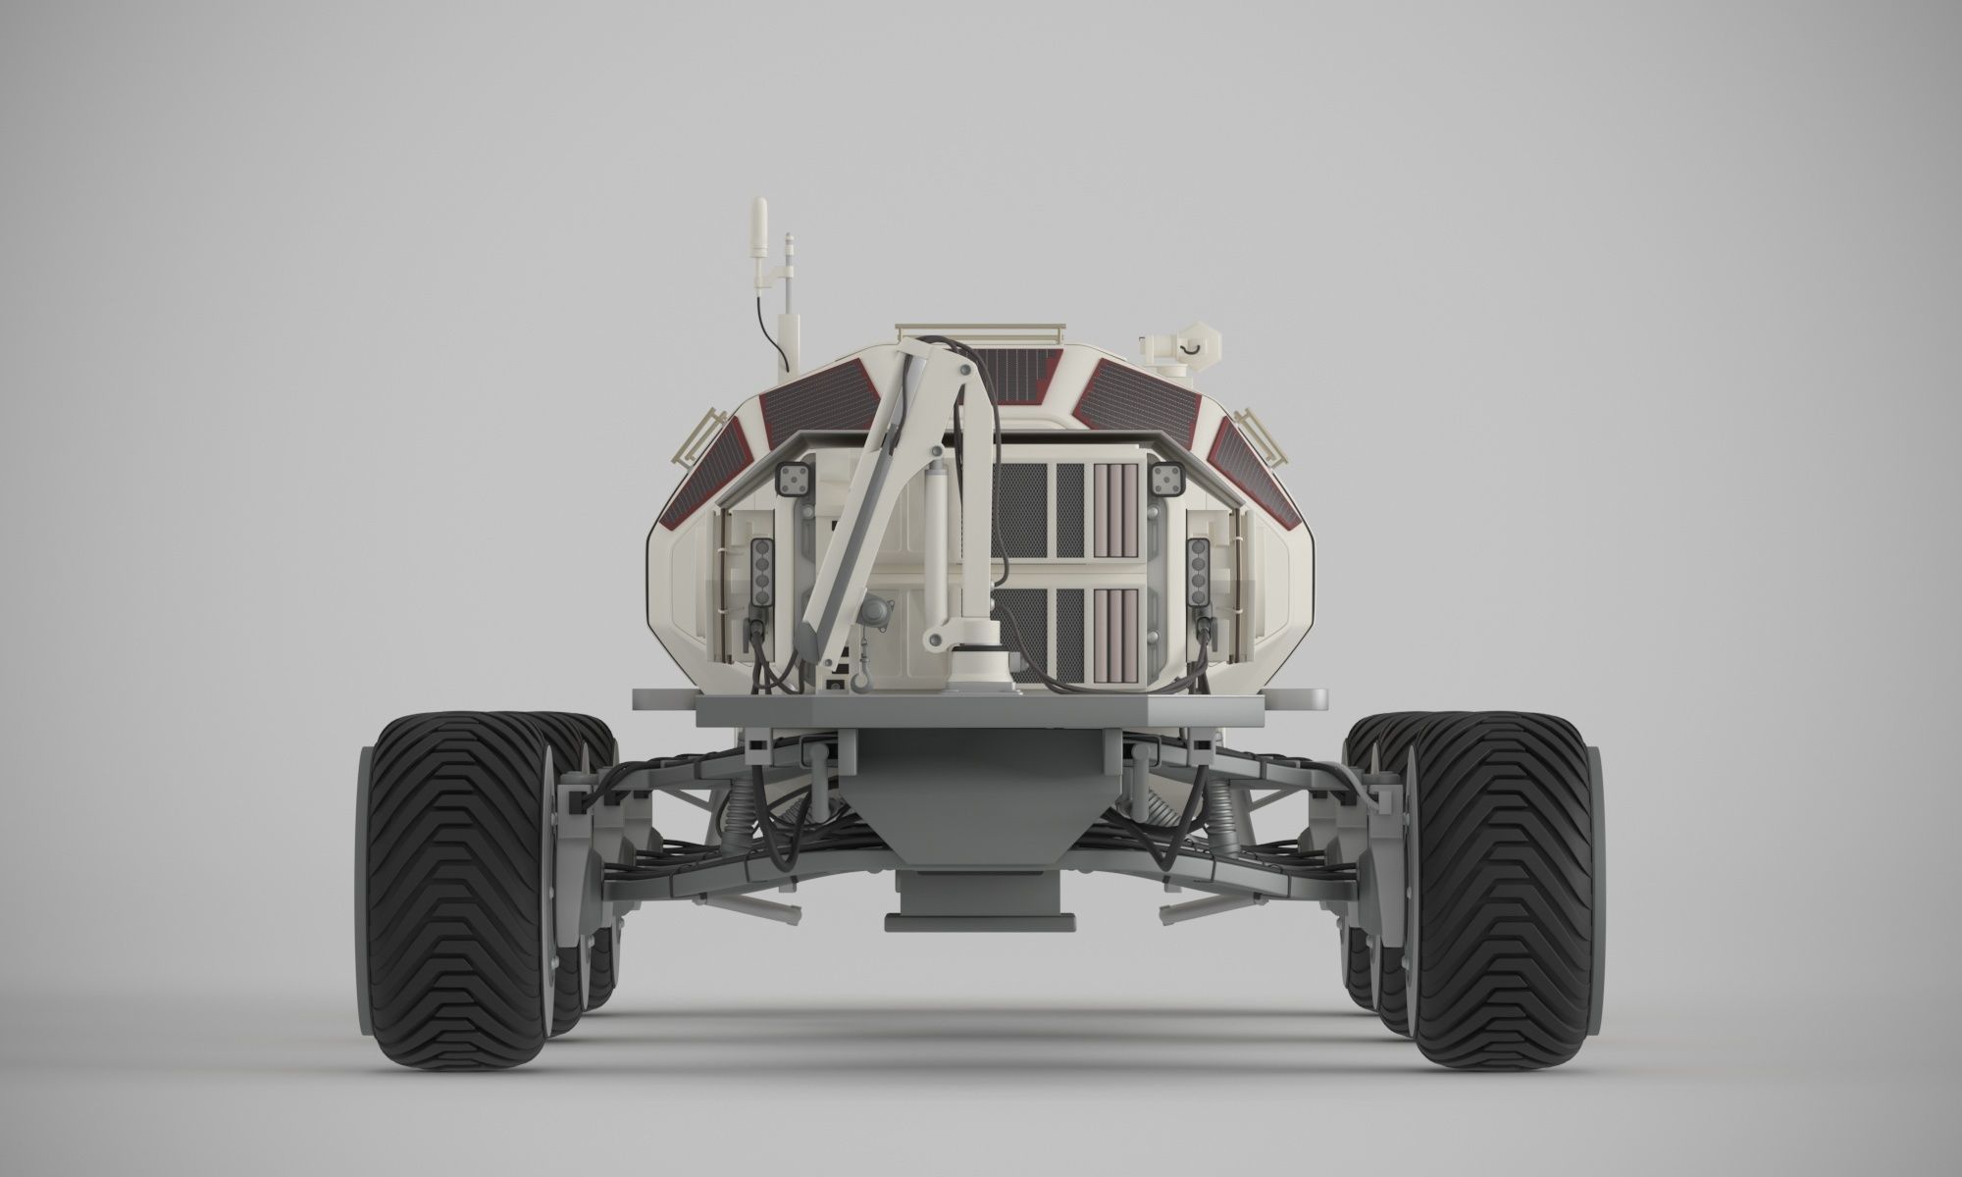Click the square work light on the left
(790, 479)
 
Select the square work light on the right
(1166, 479)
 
